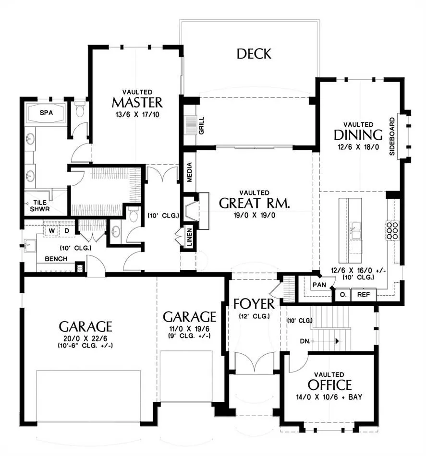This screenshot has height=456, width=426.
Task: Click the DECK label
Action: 254,54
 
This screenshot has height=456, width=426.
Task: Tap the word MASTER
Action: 137,103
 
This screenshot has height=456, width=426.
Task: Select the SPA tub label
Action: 46,112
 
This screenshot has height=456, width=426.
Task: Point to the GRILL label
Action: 201,125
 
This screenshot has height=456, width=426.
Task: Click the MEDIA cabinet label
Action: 189,172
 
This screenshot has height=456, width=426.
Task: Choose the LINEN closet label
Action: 189,237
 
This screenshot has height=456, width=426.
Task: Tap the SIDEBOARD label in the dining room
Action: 392,136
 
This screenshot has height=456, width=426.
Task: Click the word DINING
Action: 358,135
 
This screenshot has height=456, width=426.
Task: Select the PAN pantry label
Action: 319,285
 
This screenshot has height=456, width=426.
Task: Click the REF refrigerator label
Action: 364,295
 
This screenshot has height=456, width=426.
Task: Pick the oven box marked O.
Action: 343,295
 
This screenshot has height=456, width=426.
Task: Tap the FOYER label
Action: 254,304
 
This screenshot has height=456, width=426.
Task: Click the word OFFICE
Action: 329,385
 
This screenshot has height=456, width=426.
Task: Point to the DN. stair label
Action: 305,341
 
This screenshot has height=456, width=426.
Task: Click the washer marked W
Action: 52,230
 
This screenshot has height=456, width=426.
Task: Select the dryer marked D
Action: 67,230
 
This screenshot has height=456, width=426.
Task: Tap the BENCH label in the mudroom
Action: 56,259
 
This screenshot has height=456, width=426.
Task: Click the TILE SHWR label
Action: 39,205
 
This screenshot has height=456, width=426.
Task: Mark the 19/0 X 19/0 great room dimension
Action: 254,216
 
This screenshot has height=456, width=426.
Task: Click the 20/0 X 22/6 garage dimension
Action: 85,338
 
